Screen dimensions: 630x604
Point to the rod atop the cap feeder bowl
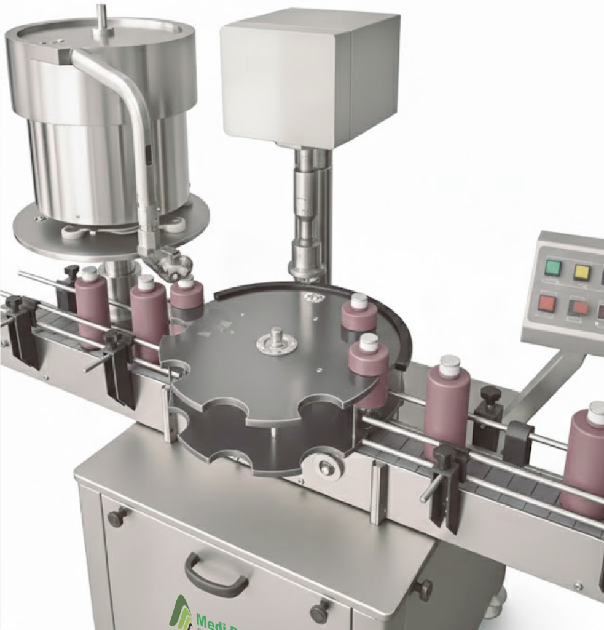[101, 15]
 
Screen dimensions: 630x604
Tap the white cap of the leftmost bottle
[90, 273]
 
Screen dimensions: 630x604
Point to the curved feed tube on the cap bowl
[132, 123]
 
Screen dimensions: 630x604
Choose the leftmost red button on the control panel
[546, 303]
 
